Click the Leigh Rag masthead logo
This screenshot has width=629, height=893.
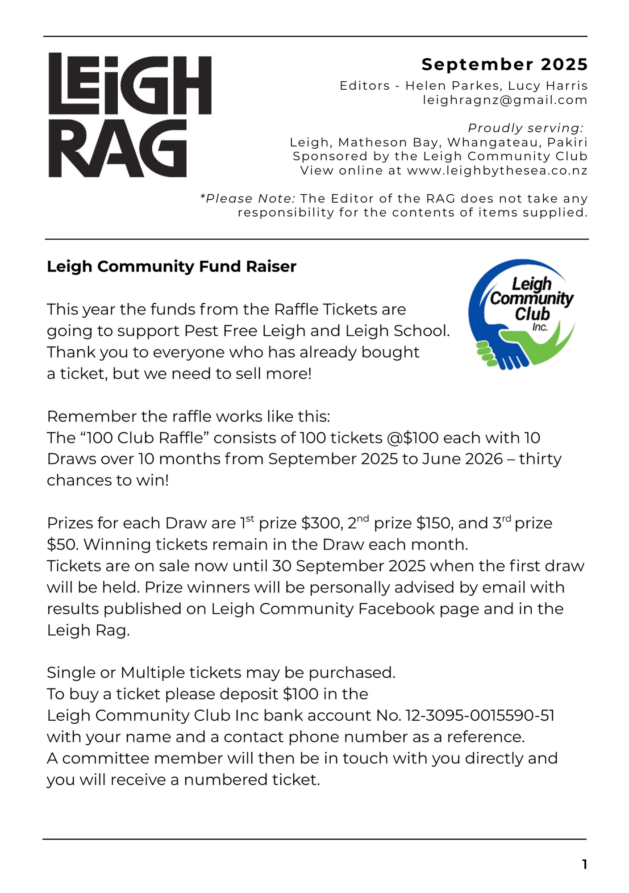129,115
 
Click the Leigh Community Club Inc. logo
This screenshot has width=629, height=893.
521,314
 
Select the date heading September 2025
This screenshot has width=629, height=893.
504,65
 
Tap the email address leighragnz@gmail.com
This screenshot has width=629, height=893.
505,100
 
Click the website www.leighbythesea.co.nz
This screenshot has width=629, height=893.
497,171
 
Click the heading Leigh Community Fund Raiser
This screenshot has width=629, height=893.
171,267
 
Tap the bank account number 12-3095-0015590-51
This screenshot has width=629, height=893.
480,715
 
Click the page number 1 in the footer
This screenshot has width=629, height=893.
584,864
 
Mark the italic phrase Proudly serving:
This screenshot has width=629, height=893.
525,128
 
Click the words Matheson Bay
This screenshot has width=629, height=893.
388,142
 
